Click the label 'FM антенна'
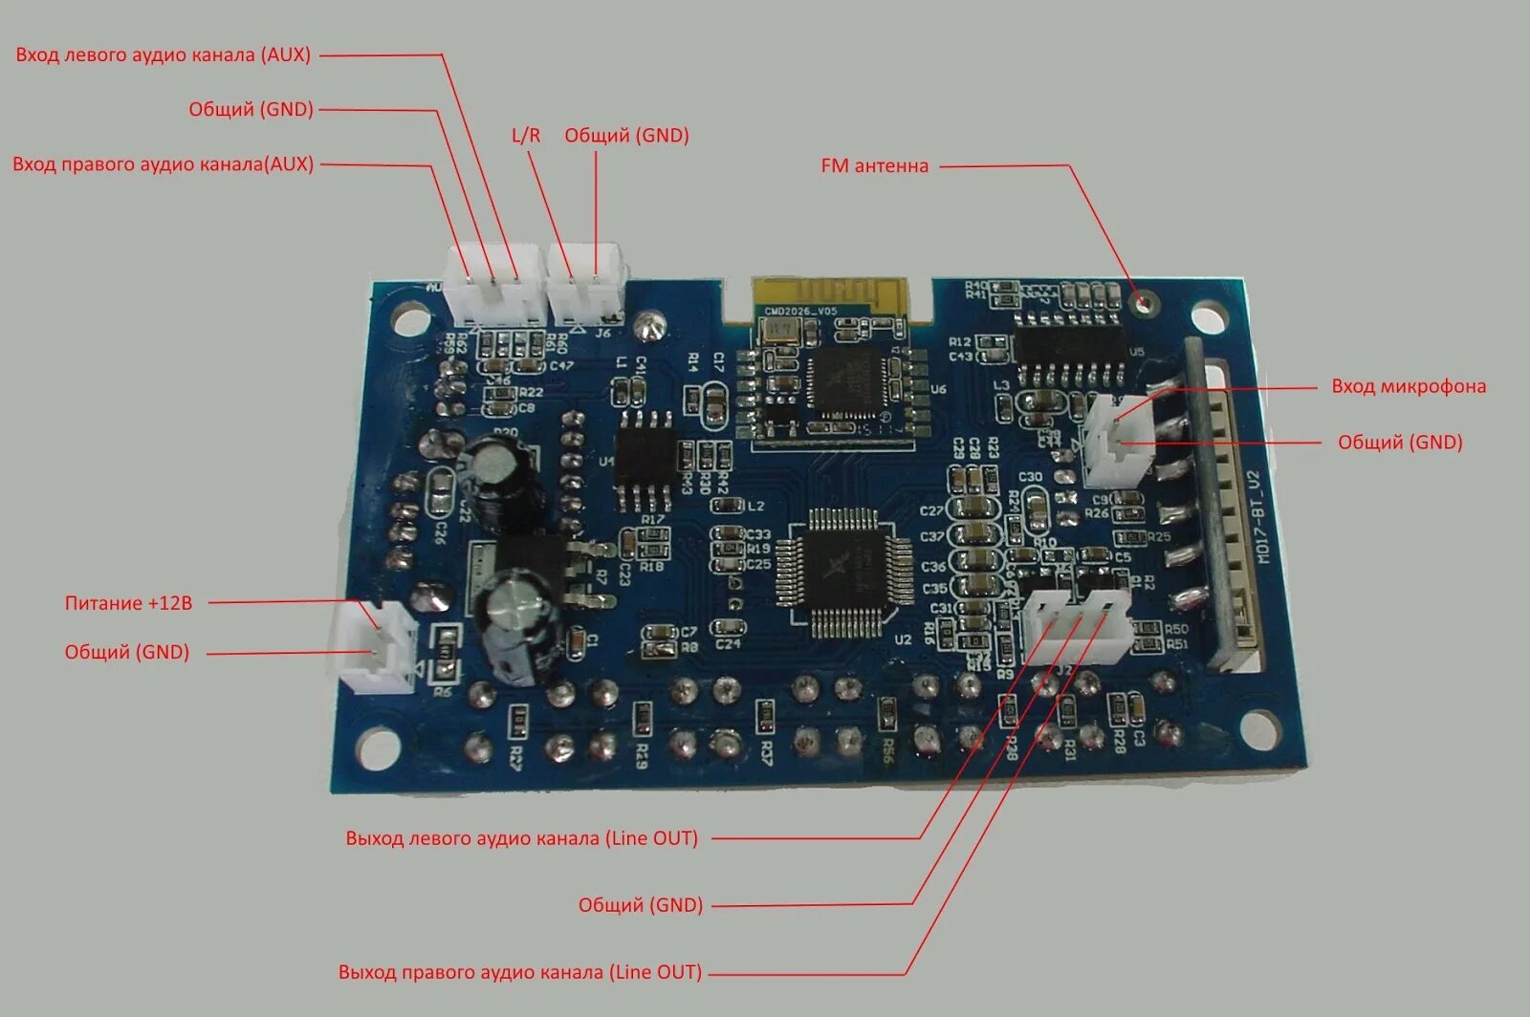(874, 166)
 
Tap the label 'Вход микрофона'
(1408, 387)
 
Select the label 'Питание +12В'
(128, 603)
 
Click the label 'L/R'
(526, 136)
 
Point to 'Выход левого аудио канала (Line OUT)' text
(522, 838)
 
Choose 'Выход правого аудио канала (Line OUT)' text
(520, 973)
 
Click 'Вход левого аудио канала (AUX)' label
(164, 55)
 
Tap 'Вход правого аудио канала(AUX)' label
(164, 164)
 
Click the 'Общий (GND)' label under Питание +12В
(127, 653)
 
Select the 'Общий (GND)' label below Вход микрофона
(1400, 443)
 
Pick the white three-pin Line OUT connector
(1077, 625)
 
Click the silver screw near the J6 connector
(650, 325)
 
